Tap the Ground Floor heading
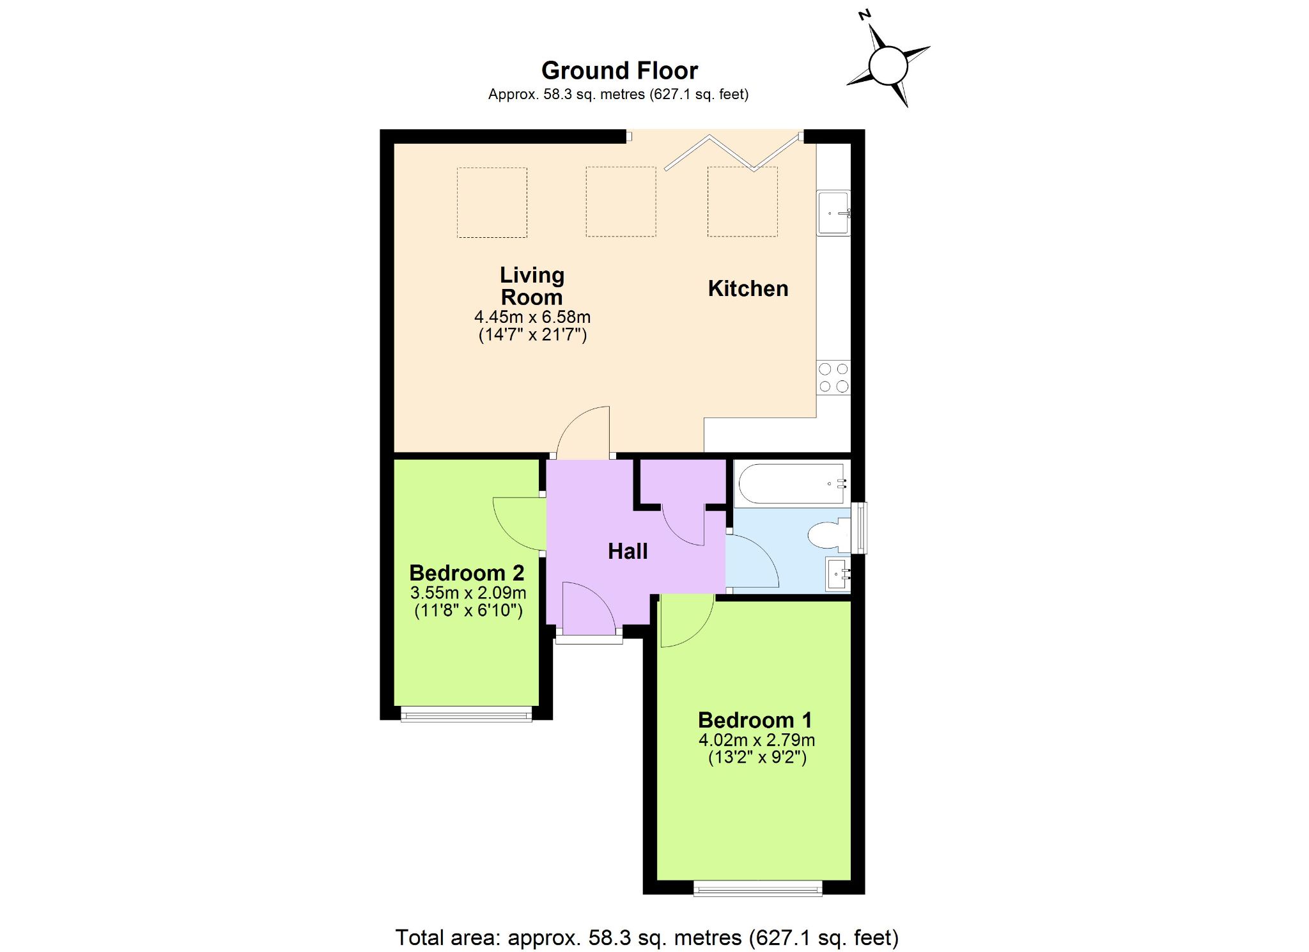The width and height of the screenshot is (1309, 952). [619, 70]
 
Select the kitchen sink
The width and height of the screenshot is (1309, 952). [833, 213]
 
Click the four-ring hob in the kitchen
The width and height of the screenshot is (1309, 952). [833, 377]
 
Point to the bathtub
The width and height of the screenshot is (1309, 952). [791, 483]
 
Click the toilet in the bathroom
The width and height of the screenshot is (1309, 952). [829, 535]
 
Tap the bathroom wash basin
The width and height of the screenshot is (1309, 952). [838, 574]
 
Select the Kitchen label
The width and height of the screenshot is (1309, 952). [748, 288]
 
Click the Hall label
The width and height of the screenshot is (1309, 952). [628, 551]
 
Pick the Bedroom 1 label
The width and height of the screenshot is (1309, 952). [755, 720]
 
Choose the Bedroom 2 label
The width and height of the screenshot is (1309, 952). [467, 572]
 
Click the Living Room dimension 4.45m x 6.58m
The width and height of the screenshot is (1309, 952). [532, 316]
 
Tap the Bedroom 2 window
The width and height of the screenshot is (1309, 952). [467, 714]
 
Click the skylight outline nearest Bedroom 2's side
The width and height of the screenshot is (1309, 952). [492, 202]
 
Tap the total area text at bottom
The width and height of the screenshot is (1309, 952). [647, 937]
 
